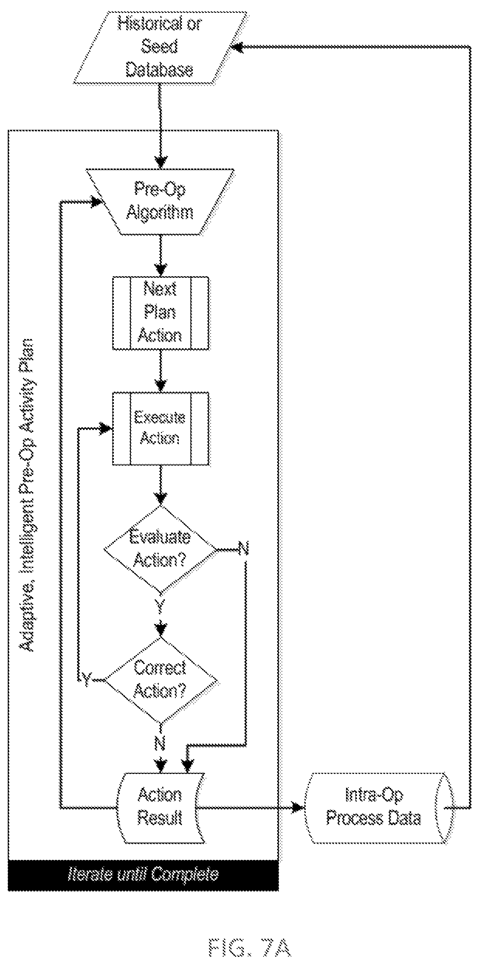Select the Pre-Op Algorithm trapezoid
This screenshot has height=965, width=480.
pos(160,201)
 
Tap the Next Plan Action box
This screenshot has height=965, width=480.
pos(161,313)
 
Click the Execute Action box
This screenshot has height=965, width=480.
pos(161,428)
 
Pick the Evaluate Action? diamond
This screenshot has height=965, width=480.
pos(160,549)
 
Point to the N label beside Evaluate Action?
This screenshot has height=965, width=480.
pos(243,549)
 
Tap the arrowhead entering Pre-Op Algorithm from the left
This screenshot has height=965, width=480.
pos(95,201)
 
